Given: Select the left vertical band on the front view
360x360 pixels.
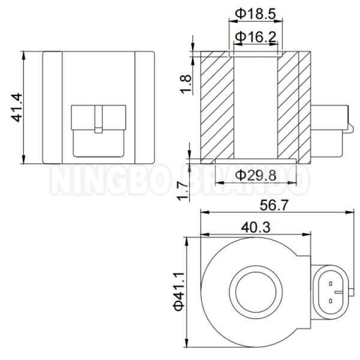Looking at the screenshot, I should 52,108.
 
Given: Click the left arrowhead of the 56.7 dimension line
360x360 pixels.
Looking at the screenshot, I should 202,213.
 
